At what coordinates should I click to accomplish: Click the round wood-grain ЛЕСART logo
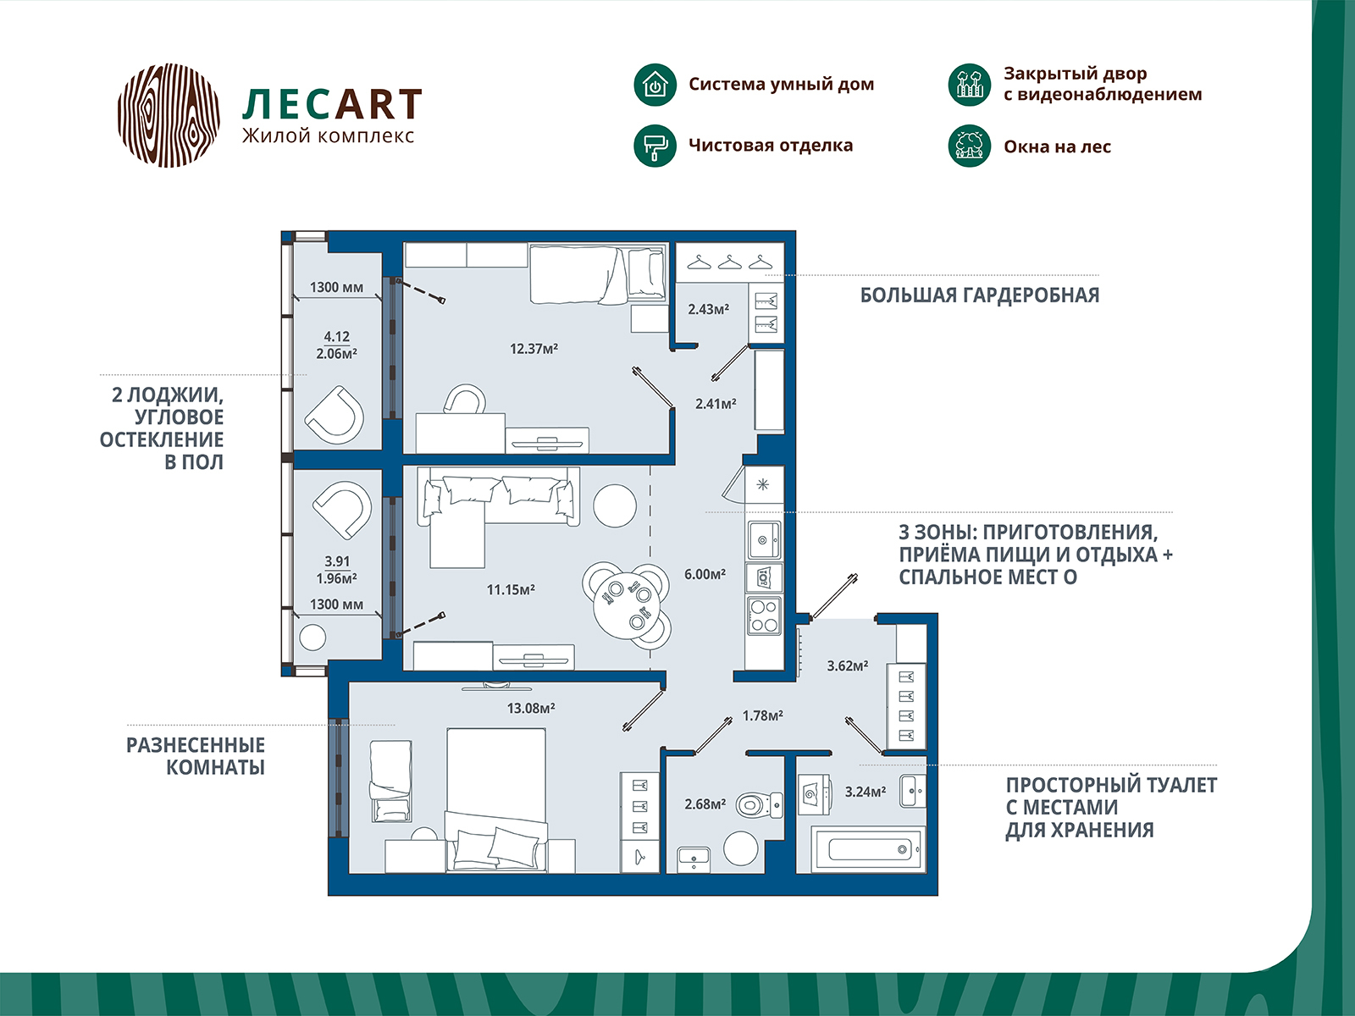click(169, 114)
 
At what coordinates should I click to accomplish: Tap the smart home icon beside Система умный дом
click(655, 85)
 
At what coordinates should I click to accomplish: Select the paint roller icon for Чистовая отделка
click(655, 146)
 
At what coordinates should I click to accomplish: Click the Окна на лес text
click(1057, 146)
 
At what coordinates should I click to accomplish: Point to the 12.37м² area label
click(534, 348)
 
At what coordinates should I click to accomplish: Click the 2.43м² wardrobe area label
click(708, 309)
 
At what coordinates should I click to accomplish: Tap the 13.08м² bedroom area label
click(531, 708)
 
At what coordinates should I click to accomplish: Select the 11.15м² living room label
click(511, 589)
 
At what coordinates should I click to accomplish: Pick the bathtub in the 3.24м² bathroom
click(868, 848)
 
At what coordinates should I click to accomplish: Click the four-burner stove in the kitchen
click(764, 616)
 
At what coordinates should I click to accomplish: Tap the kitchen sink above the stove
click(764, 538)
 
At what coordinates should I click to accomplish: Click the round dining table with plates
click(628, 604)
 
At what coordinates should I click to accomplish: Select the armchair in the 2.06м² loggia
click(335, 413)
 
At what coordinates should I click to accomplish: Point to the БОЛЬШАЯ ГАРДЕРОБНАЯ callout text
click(980, 295)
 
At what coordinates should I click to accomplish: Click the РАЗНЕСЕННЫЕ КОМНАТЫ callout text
click(196, 756)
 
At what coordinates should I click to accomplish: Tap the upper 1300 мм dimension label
click(336, 287)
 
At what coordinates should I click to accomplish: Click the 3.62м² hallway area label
click(848, 665)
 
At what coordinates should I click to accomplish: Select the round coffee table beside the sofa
click(614, 505)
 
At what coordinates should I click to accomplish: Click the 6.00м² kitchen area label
click(705, 574)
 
